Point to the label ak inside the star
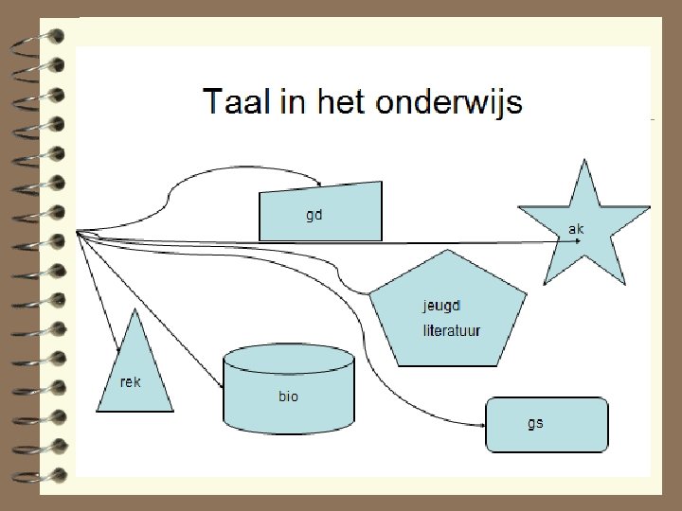tap(576, 229)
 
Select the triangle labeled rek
tap(135, 374)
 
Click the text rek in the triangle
tap(131, 382)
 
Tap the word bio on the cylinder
tap(288, 396)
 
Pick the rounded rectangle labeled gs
tap(547, 425)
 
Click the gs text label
tap(535, 423)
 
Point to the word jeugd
tap(440, 306)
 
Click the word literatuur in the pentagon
tap(452, 330)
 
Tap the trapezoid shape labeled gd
tap(322, 213)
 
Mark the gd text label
tap(314, 215)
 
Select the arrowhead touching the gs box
tap(482, 426)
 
